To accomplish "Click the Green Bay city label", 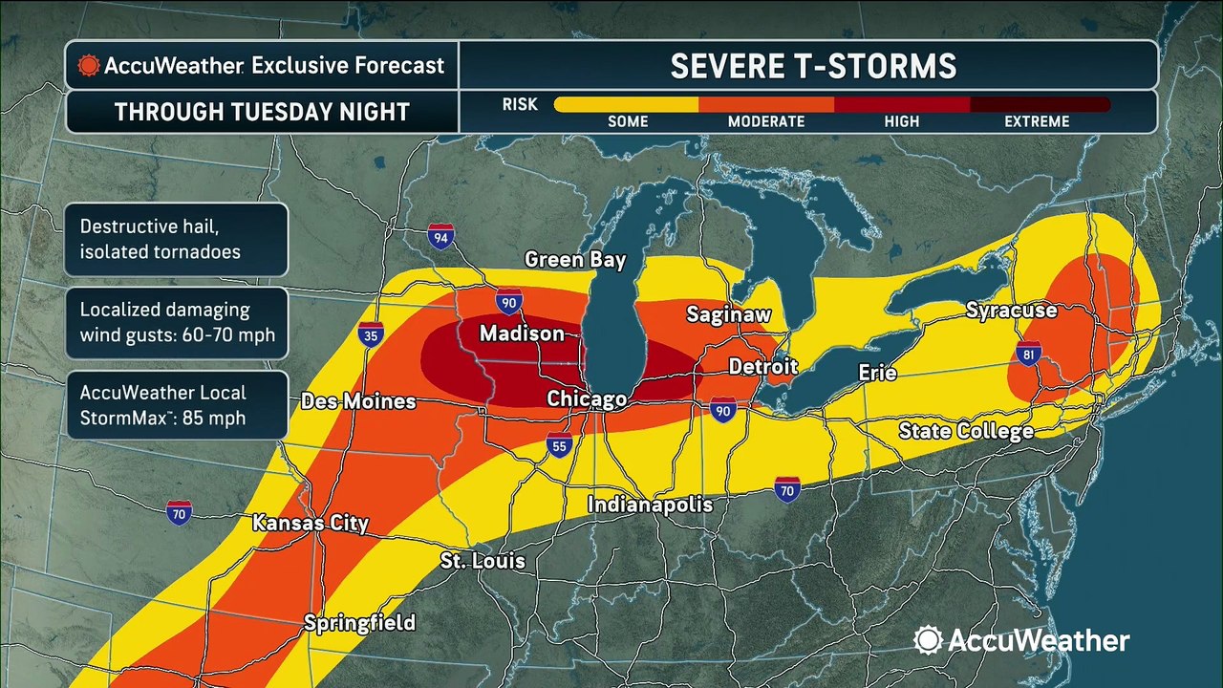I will tap(575, 260).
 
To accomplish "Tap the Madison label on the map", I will tap(522, 333).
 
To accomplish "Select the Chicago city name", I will tap(587, 398).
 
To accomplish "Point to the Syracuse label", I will tap(1011, 311).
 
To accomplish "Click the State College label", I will tap(966, 431).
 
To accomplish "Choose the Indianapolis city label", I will tap(650, 504).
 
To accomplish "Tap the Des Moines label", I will tap(358, 401).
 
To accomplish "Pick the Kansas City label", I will tap(310, 523).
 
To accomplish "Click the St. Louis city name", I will tap(483, 560).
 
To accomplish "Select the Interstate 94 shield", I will tap(440, 236).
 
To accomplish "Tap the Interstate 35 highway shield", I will tap(371, 334).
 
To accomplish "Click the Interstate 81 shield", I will tap(1029, 354).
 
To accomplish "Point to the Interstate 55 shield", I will tap(561, 444).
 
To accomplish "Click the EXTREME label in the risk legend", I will tap(1037, 121).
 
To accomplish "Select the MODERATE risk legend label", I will tap(766, 121).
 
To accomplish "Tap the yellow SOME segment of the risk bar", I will tap(626, 104).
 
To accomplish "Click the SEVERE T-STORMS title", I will tap(812, 65).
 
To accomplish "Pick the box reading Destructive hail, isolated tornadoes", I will tap(177, 240).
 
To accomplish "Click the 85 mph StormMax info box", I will tap(177, 405).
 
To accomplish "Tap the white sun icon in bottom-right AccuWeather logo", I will tap(928, 640).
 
